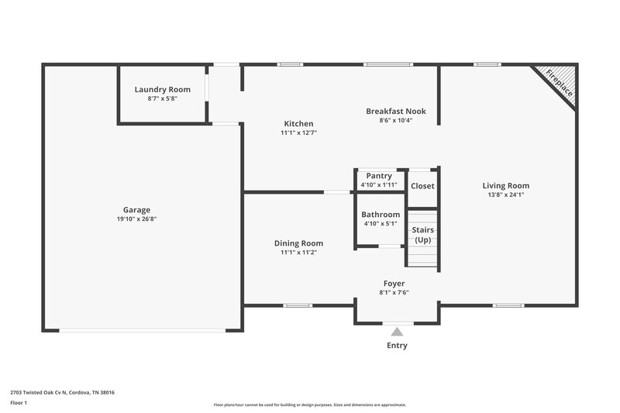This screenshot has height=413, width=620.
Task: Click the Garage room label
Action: (x=136, y=209)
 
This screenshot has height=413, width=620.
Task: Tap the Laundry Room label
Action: (x=162, y=89)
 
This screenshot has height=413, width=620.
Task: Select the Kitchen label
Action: (x=298, y=123)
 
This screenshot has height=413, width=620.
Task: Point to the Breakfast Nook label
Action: (x=395, y=111)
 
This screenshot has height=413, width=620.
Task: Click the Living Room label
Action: (x=505, y=185)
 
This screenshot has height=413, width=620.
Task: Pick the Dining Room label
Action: (x=298, y=243)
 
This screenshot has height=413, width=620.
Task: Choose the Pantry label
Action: (x=379, y=176)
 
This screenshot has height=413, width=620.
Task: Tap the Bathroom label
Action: (x=381, y=215)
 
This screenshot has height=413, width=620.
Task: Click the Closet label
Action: (x=422, y=186)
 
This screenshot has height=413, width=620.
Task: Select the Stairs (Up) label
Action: (x=422, y=235)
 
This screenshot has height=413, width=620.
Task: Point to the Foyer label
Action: (x=394, y=284)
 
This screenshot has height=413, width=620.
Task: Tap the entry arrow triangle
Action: (x=397, y=332)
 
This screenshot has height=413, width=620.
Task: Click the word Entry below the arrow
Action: (x=397, y=346)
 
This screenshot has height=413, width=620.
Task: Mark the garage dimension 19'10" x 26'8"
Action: (x=136, y=219)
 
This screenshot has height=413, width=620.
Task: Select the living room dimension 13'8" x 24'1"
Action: (x=505, y=195)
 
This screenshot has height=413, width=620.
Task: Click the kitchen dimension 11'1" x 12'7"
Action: (x=298, y=133)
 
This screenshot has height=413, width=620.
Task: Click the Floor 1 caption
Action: (x=19, y=403)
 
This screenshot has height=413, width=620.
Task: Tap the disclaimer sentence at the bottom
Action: (x=310, y=404)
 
